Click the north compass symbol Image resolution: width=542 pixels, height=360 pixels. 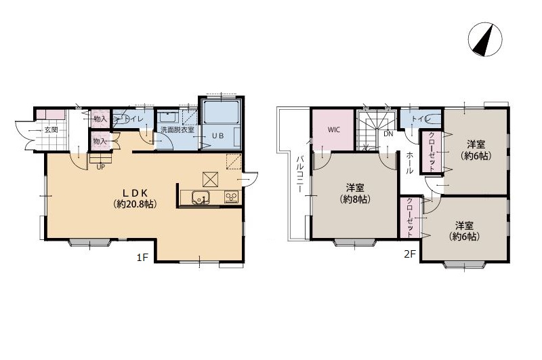pyautogui.click(x=485, y=39)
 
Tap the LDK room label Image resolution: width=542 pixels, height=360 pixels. pyautogui.click(x=135, y=193)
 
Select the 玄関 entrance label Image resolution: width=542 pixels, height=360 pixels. pyautogui.click(x=51, y=130)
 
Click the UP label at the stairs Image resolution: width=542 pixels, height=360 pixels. pyautogui.click(x=100, y=167)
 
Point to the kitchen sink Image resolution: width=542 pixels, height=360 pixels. pyautogui.click(x=201, y=198)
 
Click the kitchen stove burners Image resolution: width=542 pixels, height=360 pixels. pyautogui.click(x=231, y=197)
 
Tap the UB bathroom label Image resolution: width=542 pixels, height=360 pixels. pyautogui.click(x=217, y=136)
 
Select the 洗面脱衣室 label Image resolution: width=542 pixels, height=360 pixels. pyautogui.click(x=177, y=130)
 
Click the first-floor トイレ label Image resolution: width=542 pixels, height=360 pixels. pyautogui.click(x=133, y=119)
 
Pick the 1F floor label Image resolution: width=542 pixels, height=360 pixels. pyautogui.click(x=142, y=258)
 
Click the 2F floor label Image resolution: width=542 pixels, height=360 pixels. pyautogui.click(x=410, y=254)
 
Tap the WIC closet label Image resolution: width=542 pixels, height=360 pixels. pyautogui.click(x=334, y=129)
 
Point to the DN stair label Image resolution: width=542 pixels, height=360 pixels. pyautogui.click(x=388, y=134)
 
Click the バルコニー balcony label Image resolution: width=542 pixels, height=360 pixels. pyautogui.click(x=300, y=174)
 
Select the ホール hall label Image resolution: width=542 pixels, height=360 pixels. pyautogui.click(x=409, y=163)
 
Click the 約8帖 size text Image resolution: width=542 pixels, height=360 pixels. pyautogui.click(x=355, y=199)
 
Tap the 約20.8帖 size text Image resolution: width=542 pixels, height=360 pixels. pyautogui.click(x=135, y=204)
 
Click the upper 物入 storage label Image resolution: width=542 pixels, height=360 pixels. pyautogui.click(x=100, y=119)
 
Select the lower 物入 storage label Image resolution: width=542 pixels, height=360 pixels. pyautogui.click(x=100, y=142)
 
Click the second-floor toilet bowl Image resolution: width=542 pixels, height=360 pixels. pyautogui.click(x=432, y=119)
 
